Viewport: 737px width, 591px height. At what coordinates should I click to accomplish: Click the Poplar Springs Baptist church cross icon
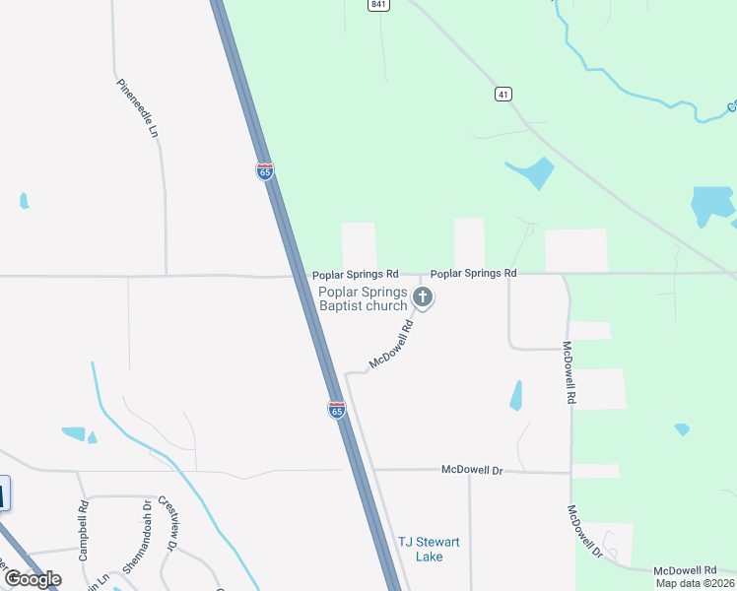(423, 295)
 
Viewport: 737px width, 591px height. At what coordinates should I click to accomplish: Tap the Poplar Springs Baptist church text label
(363, 298)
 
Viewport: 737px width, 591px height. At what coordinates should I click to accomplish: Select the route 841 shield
(379, 5)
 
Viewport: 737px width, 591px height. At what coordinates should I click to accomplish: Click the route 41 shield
(503, 94)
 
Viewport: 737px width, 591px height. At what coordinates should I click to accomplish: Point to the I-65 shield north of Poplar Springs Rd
(264, 170)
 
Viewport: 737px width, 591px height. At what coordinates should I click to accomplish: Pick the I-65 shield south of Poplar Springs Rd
(336, 409)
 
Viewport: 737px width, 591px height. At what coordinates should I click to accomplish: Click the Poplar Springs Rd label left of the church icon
(356, 274)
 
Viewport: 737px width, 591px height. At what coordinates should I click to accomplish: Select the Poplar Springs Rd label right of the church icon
(473, 273)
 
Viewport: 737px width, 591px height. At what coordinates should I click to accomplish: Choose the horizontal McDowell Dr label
(472, 470)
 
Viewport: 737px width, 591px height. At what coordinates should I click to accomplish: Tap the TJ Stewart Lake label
(429, 550)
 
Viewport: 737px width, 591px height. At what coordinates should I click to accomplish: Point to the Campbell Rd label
(84, 531)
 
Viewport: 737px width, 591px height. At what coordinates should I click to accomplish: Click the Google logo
(33, 578)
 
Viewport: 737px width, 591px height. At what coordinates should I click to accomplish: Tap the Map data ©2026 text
(695, 583)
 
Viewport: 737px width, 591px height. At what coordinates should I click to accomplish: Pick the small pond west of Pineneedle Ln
(24, 201)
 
